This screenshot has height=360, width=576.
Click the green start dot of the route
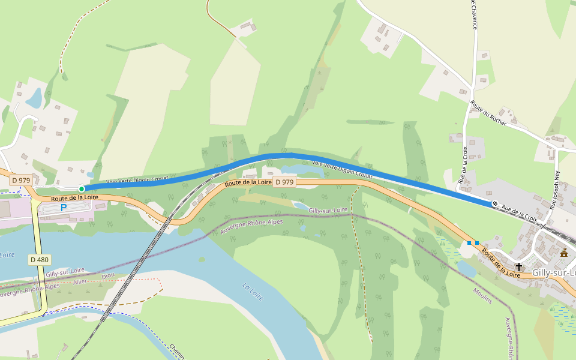pyautogui.click(x=82, y=189)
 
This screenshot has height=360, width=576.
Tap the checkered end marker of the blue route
pyautogui.click(x=495, y=204)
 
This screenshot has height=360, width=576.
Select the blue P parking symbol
pyautogui.click(x=64, y=208)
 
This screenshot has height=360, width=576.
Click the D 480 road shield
pyautogui.click(x=39, y=260)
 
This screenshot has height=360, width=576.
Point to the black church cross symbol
pyautogui.click(x=518, y=266)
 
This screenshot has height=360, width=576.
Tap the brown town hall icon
pyautogui.click(x=564, y=253)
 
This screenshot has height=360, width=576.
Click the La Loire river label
pyautogui.click(x=255, y=293)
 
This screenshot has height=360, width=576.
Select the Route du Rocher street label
pyautogui.click(x=488, y=113)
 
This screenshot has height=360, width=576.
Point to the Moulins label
pyautogui.click(x=482, y=295)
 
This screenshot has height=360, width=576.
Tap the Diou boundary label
pyautogui.click(x=108, y=276)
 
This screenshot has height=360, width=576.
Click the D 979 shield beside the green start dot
pyautogui.click(x=21, y=180)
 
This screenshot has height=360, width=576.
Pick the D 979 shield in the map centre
pyautogui.click(x=285, y=182)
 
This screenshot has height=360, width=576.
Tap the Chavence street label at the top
pyautogui.click(x=473, y=15)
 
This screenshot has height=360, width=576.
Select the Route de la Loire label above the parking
pyautogui.click(x=74, y=197)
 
